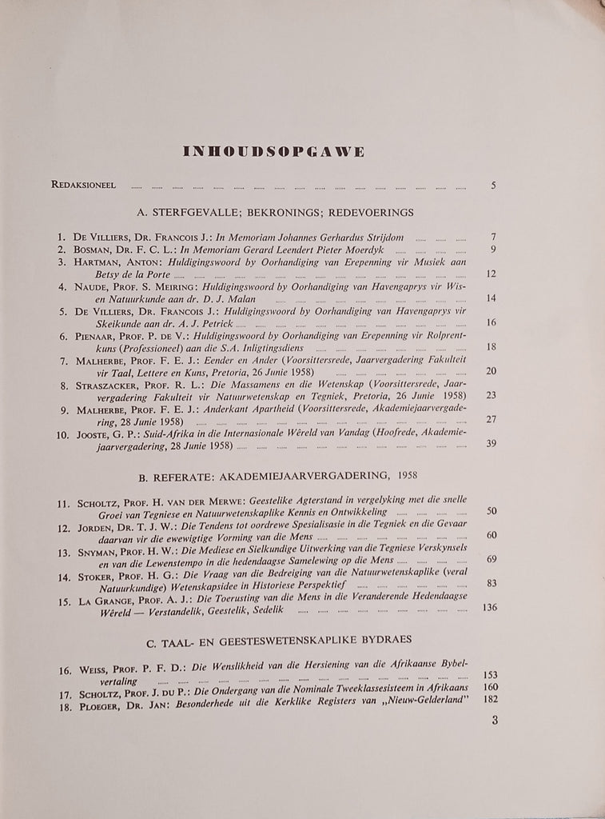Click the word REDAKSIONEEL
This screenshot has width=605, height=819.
[x=84, y=186]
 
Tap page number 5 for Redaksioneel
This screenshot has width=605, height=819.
[x=494, y=186]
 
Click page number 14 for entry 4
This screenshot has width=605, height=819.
[x=492, y=298]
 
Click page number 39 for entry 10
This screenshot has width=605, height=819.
[x=492, y=445]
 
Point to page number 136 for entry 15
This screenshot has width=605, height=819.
[x=490, y=607]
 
